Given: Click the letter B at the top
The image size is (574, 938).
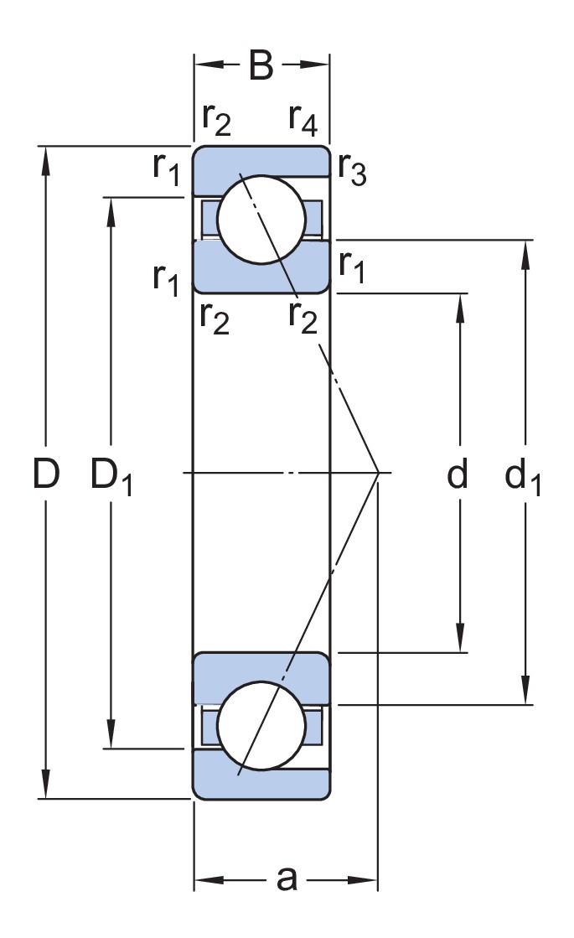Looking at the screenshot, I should tap(261, 66).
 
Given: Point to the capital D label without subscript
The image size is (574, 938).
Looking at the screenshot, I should tap(46, 474).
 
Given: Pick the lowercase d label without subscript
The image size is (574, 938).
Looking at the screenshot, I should tap(457, 474).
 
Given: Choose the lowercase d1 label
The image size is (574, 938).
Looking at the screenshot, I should tap(523, 477).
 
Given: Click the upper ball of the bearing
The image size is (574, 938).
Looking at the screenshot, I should tap(261, 219).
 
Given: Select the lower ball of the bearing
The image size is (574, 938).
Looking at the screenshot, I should tap(261, 725).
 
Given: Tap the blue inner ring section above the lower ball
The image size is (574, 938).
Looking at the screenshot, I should tap(261, 671).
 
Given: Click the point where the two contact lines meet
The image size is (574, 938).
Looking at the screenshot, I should tap(379, 473).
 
